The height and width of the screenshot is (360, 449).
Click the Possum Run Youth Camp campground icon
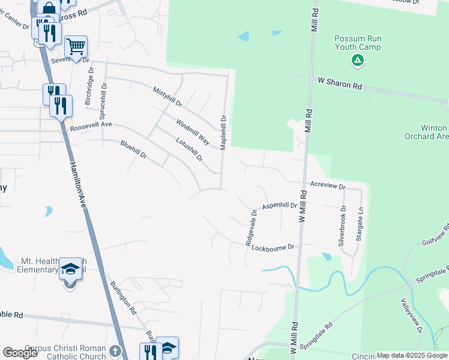[358, 59]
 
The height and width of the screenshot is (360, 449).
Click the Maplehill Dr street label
[223, 133]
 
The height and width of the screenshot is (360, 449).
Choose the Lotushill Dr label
[190, 149]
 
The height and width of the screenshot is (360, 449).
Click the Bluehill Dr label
[134, 149]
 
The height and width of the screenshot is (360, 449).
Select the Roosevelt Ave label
[91, 127]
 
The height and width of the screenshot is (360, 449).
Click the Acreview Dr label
[328, 187]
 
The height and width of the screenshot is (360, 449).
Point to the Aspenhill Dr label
[279, 205]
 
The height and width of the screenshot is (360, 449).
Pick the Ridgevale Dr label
[250, 227]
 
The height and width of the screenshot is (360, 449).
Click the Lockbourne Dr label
[273, 247]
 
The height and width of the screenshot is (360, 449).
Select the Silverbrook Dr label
[342, 227]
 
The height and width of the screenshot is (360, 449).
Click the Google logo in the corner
[20, 352]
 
